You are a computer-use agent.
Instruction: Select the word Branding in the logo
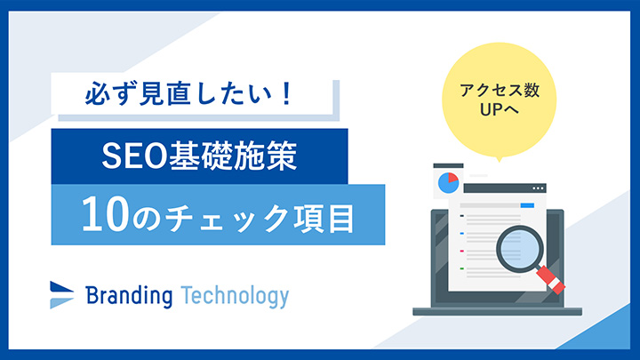point(129,296)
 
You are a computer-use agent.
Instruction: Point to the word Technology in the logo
point(235,296)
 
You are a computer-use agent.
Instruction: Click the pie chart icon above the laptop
point(448,183)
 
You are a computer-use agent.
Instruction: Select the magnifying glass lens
point(516,246)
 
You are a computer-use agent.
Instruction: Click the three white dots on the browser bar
point(536,189)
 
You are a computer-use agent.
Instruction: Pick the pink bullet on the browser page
point(462,251)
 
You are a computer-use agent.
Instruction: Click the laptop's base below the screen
point(498,310)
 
